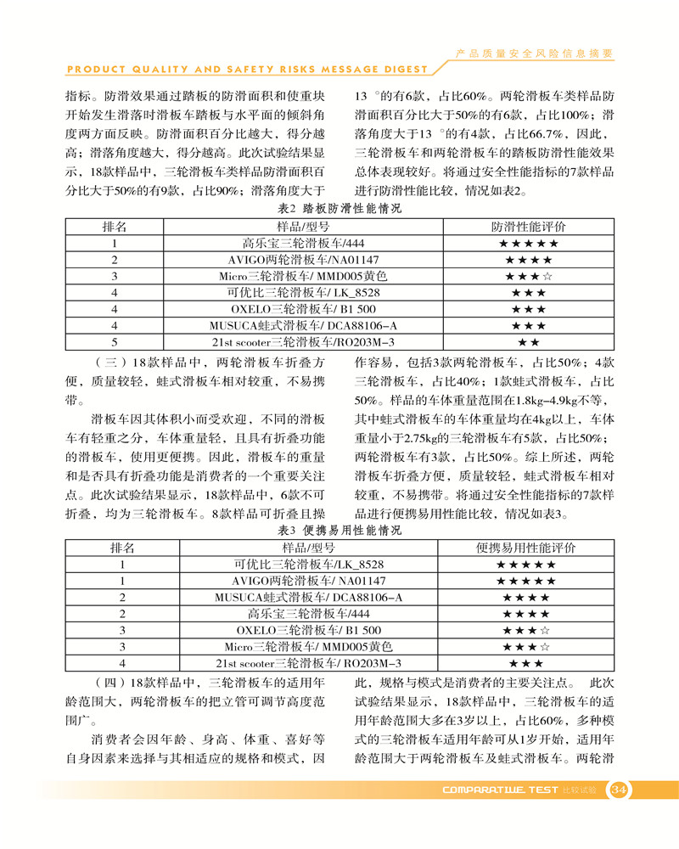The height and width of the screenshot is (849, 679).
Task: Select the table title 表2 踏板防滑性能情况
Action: click(x=339, y=208)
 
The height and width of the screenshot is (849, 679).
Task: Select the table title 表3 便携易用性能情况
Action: click(x=339, y=530)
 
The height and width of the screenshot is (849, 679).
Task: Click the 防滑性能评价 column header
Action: click(x=527, y=227)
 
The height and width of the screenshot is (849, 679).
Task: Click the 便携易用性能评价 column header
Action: click(x=527, y=548)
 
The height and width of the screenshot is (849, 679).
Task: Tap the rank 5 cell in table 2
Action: click(x=114, y=341)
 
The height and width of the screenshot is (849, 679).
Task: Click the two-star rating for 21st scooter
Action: click(x=527, y=341)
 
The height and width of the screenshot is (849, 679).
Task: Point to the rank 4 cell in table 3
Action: click(x=123, y=662)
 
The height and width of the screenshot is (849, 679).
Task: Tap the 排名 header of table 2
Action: click(x=114, y=227)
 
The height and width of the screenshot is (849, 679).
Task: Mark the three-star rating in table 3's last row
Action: click(x=527, y=662)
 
